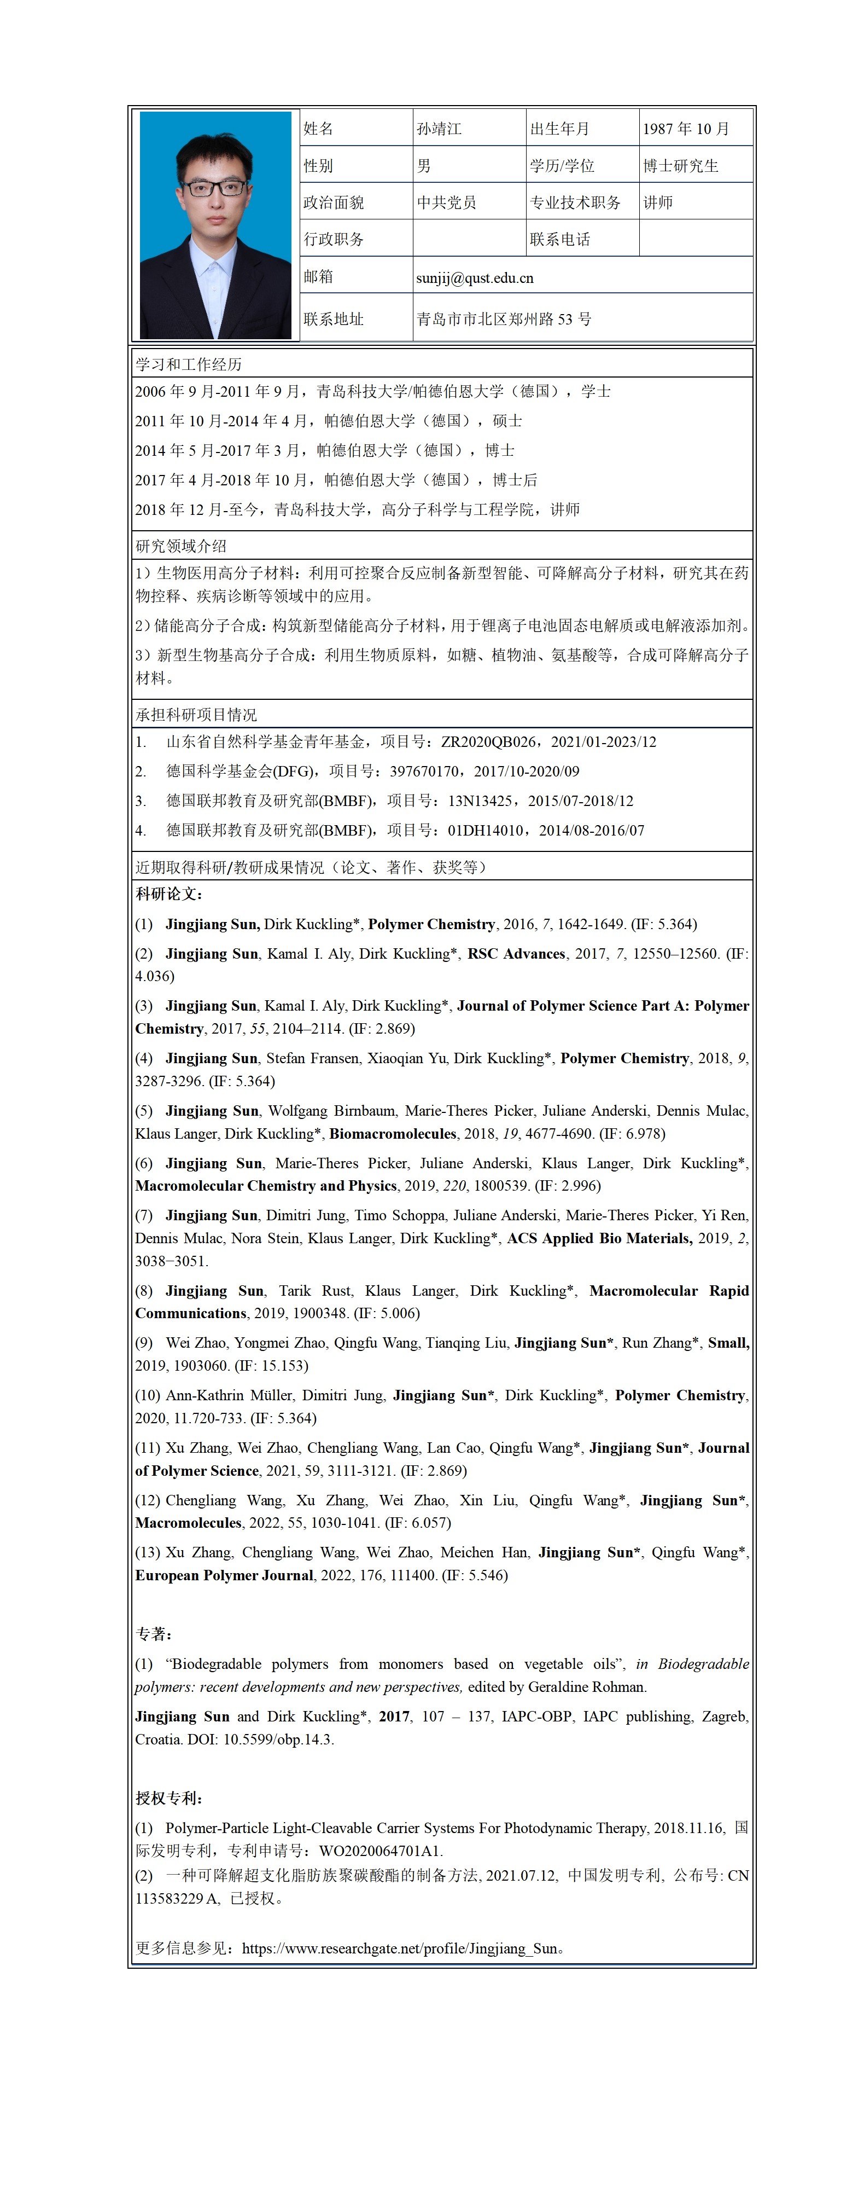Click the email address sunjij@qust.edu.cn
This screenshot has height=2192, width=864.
475,279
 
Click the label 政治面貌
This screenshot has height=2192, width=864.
334,202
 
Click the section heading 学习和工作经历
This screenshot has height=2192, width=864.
189,364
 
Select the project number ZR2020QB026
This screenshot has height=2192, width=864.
488,742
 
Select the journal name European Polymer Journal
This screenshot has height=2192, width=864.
225,1575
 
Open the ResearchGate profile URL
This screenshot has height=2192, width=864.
400,1949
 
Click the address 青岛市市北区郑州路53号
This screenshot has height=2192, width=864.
504,319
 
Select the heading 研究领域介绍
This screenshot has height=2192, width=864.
181,546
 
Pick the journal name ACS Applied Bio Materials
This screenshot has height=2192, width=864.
599,1238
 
